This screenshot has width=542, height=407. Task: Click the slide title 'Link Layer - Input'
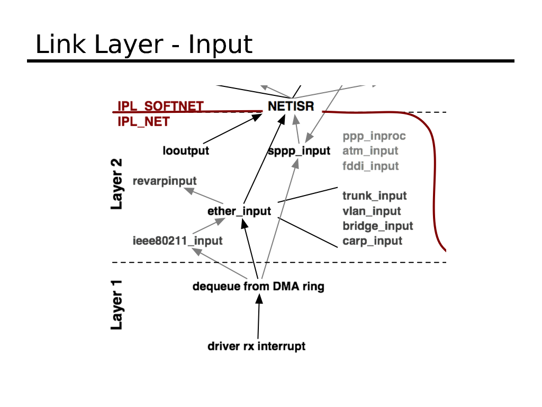click(143, 45)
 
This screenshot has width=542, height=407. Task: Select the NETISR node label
click(291, 106)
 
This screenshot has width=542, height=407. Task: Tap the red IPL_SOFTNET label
click(160, 106)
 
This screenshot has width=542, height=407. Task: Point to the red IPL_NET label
click(143, 122)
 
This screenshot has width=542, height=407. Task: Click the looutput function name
click(186, 151)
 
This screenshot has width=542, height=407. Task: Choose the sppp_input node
click(299, 151)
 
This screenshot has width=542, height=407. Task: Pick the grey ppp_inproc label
click(374, 136)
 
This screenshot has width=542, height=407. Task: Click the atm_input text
click(370, 151)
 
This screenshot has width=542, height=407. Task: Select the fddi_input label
click(371, 166)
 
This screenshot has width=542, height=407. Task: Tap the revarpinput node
click(164, 181)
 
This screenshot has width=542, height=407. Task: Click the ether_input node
click(239, 211)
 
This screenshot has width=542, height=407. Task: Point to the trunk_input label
click(375, 196)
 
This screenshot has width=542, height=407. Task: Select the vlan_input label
click(372, 211)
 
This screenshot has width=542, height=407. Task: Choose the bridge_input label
click(377, 226)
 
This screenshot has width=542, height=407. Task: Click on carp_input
click(372, 241)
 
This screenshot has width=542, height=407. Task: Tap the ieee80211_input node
click(177, 241)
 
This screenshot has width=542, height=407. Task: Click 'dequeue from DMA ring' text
click(258, 287)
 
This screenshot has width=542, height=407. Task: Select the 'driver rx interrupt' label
click(256, 347)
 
